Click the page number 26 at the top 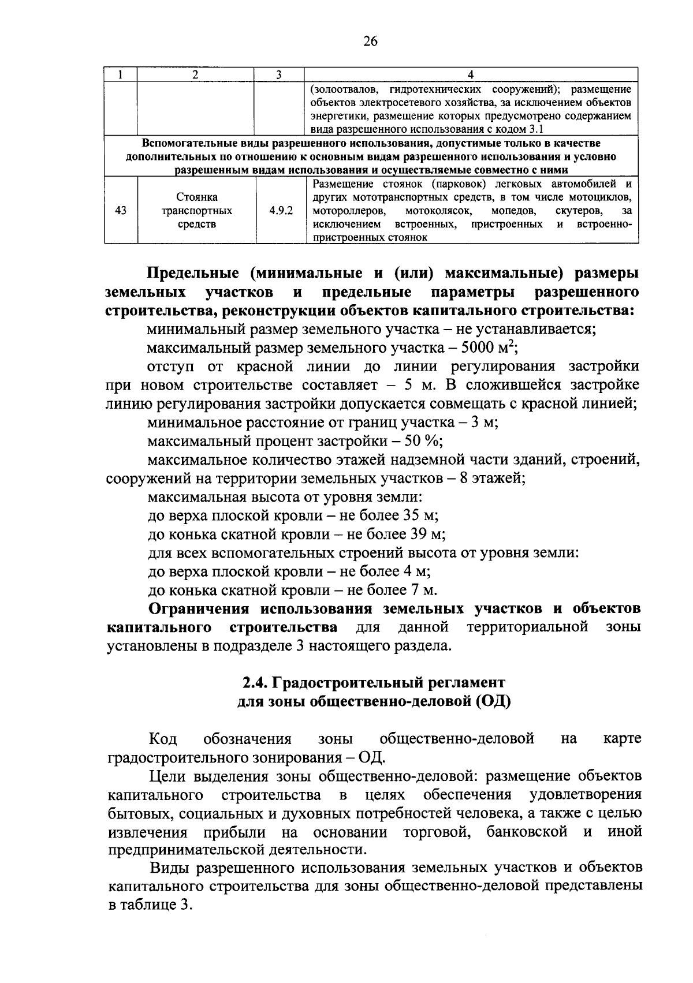coord(370,41)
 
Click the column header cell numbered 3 coord(278,74)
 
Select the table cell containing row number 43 coord(121,211)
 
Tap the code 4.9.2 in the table coord(281,211)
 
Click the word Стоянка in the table coord(197,197)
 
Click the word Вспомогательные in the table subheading coord(185,143)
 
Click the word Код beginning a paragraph coord(163,739)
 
